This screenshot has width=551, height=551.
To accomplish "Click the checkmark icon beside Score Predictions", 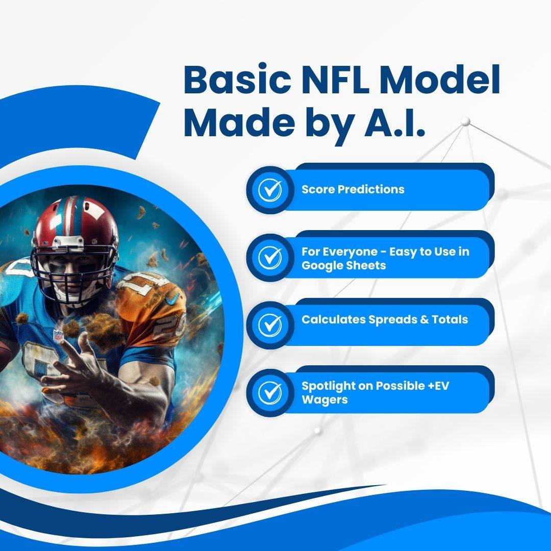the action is click(x=270, y=190).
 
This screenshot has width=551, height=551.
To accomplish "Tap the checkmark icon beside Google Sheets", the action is click(x=270, y=257).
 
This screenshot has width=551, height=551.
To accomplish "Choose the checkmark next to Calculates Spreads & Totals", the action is click(x=270, y=324).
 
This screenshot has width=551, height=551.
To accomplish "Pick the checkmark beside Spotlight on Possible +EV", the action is click(x=270, y=392).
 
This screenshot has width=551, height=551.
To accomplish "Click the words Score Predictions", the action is click(x=353, y=189).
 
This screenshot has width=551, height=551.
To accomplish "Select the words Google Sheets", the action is click(x=344, y=265).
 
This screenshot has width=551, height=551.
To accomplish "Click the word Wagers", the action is click(x=324, y=400).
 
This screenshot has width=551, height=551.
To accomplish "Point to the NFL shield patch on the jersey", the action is click(x=58, y=335).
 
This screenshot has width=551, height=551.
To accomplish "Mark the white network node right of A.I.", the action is click(x=466, y=121).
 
